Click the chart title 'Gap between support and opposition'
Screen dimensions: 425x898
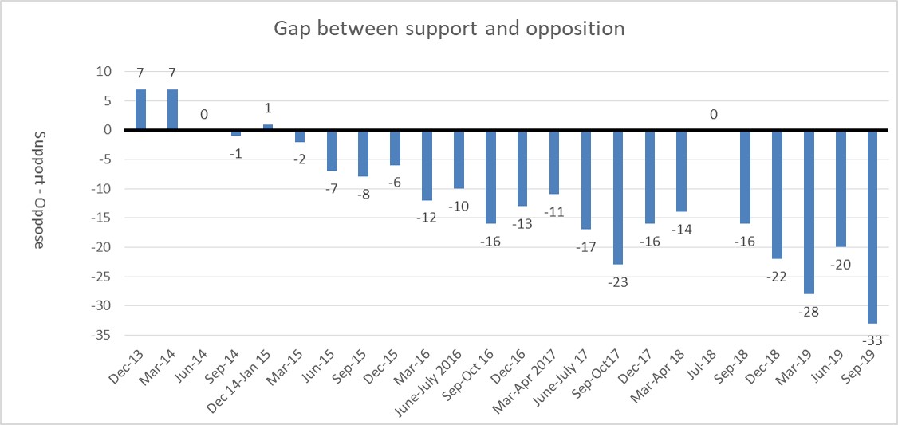click(449, 29)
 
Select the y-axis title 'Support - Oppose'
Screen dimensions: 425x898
click(38, 189)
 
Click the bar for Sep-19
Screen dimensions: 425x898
click(872, 226)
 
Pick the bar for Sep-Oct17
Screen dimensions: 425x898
click(618, 196)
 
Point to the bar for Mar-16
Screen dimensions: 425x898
click(427, 164)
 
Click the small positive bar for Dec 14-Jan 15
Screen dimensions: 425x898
click(268, 127)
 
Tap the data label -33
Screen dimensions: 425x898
click(872, 340)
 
